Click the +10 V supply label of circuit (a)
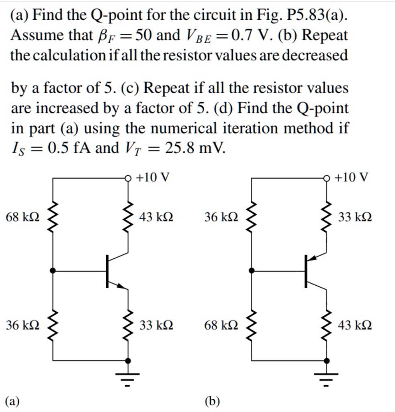click(153, 177)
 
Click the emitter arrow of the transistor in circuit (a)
click(121, 286)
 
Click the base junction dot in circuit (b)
click(252, 271)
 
